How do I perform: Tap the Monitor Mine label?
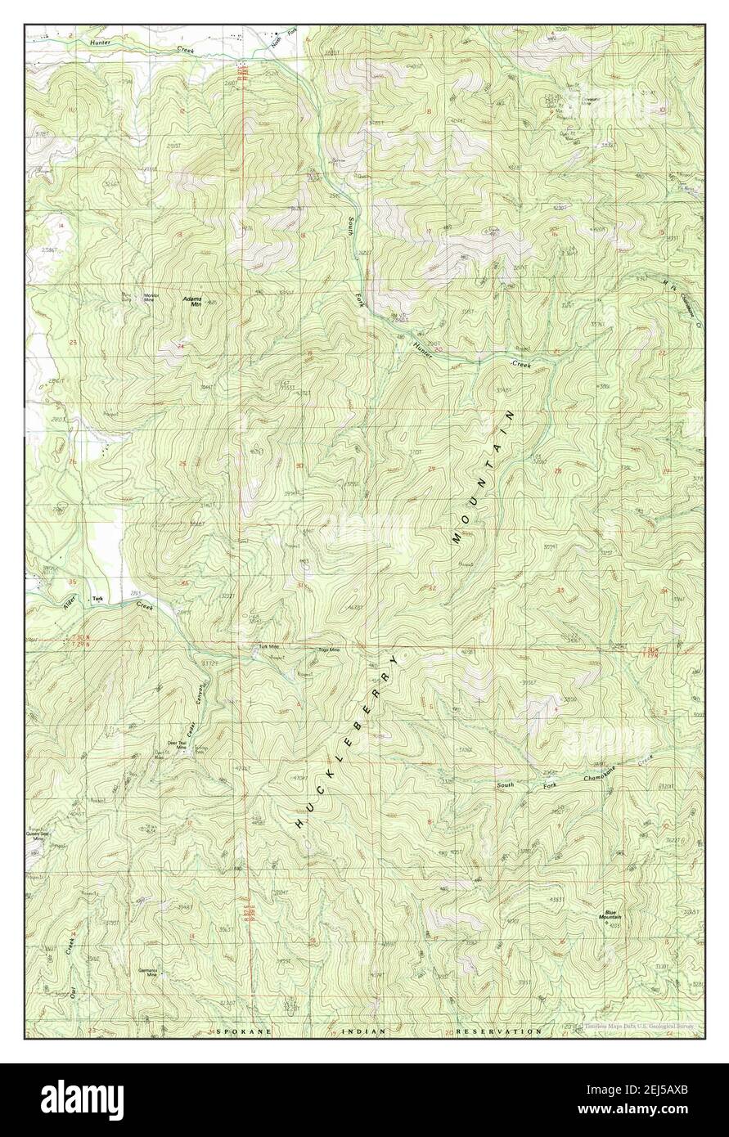click(x=150, y=298)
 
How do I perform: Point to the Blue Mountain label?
click(x=615, y=915)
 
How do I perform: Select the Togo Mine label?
click(x=328, y=650)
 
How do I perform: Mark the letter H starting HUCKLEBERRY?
click(x=299, y=825)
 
